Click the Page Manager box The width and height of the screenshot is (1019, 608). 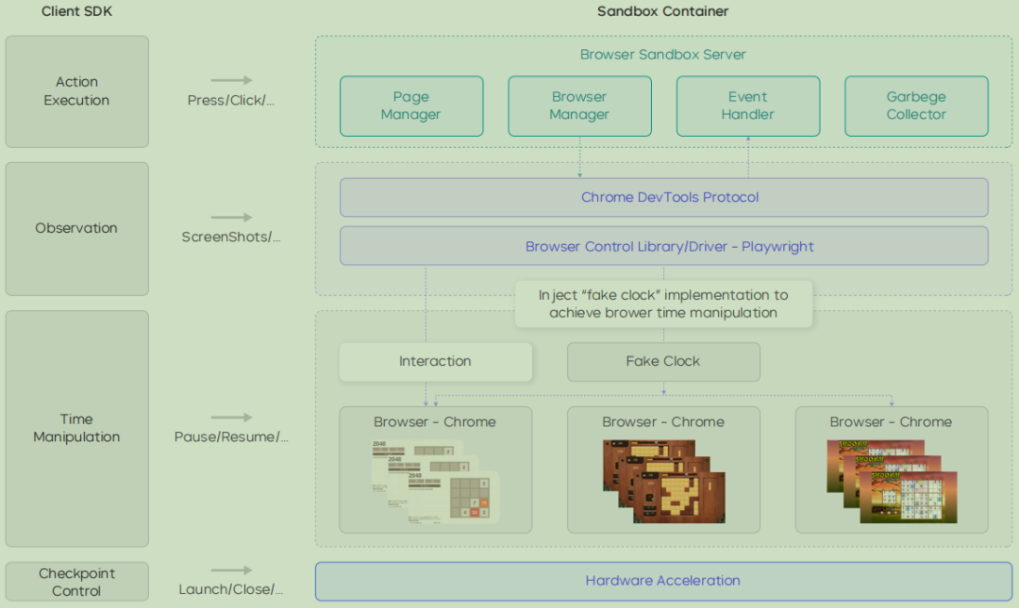tap(411, 106)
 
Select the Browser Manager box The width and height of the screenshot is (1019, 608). tap(579, 106)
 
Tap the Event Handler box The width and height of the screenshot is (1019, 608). tap(747, 106)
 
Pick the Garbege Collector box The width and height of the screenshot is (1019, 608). tap(915, 106)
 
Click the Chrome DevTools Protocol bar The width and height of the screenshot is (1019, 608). tap(663, 197)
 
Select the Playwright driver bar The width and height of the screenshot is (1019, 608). tap(663, 246)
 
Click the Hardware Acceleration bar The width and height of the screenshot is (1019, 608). tap(663, 581)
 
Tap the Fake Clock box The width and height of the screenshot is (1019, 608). tap(663, 361)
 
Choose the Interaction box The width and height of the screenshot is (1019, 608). tap(435, 361)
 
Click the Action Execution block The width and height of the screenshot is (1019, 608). tap(76, 91)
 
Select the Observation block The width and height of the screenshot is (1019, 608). tap(76, 228)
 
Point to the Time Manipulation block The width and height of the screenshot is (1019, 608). tap(76, 428)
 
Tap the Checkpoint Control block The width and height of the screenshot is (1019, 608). tap(76, 582)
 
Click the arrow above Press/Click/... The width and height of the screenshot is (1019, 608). tap(231, 81)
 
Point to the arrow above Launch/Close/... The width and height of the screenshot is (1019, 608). tap(231, 570)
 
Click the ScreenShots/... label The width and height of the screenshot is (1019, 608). tap(231, 237)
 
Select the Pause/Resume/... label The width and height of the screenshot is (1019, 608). tap(231, 436)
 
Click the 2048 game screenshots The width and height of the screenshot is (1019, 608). tap(434, 481)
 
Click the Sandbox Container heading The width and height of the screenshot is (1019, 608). tap(662, 11)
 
